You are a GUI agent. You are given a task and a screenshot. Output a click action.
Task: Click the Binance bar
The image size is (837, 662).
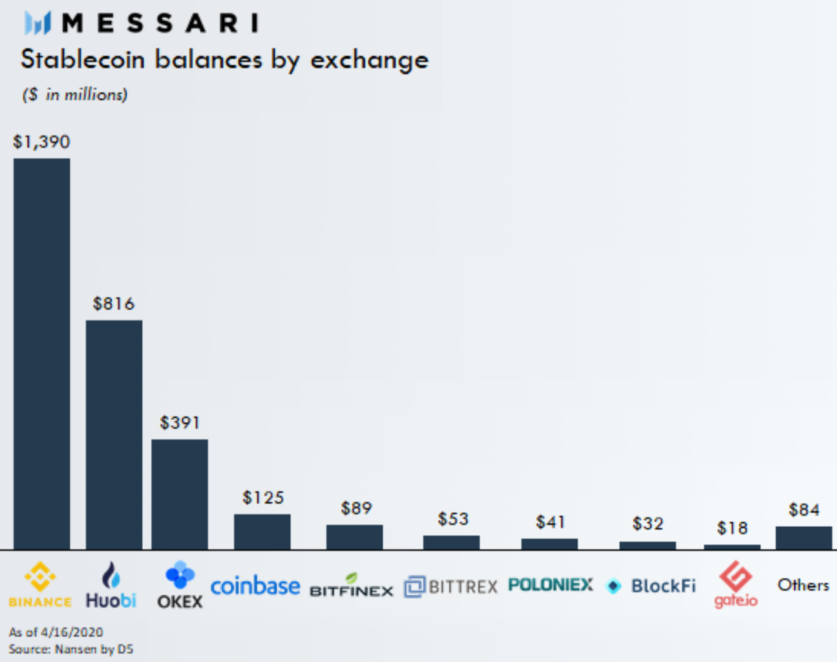point(41,354)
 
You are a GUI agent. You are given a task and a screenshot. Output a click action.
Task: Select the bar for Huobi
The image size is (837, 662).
point(114,434)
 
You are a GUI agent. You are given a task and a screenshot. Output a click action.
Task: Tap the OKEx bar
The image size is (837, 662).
point(180,494)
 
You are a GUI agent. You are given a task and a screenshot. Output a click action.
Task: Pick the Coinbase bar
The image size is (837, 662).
point(262,531)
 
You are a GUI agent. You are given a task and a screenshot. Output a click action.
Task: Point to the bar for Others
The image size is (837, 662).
point(803,538)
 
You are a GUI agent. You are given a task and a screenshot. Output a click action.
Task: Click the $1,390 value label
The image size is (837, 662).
point(41,142)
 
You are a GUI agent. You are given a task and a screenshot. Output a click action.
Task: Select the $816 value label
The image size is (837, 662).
point(114,303)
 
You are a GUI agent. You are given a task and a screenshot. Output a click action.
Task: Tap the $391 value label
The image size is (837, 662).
point(180,423)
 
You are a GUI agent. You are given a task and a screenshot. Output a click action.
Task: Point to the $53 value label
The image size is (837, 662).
point(452,518)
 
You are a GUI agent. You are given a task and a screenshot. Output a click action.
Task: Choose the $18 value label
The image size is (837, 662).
point(732,528)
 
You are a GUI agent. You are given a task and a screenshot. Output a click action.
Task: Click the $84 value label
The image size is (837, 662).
point(803,510)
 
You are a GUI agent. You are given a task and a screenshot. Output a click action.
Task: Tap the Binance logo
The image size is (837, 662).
point(40,584)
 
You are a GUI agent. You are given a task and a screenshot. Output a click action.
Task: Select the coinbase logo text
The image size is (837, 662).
point(255,586)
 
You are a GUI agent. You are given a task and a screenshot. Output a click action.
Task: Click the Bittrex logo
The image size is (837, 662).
point(450,586)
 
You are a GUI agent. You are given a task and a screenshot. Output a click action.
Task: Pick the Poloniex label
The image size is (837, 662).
point(550,584)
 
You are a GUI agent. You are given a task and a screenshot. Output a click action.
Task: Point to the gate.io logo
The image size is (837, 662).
point(736,584)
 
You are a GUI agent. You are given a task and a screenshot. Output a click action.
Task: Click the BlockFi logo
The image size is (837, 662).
point(651,586)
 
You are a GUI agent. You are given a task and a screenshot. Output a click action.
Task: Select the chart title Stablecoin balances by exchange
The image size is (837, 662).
point(224,59)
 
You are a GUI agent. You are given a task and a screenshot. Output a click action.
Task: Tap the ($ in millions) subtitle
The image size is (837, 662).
point(75,94)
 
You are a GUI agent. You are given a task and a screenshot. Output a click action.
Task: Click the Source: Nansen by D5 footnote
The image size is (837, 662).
point(70,649)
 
